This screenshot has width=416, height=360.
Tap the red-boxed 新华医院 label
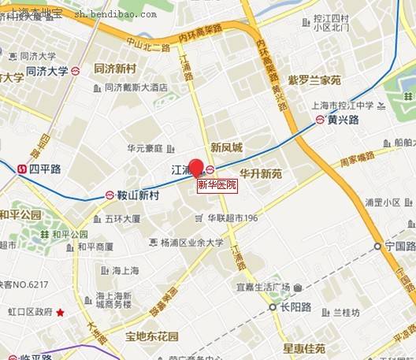click(217, 185)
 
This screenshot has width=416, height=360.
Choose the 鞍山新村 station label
click(137, 195)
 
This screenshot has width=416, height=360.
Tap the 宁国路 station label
click(399, 246)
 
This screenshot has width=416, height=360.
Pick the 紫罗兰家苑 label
click(314, 80)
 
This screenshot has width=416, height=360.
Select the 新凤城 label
click(227, 147)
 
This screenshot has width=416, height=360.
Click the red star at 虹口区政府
click(60, 313)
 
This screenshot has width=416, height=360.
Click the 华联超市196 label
click(232, 218)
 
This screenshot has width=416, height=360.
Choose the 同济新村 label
click(116, 69)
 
